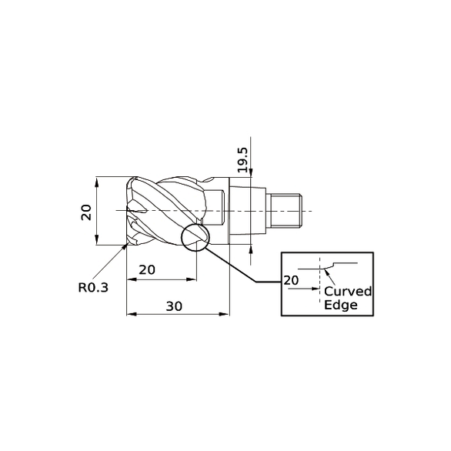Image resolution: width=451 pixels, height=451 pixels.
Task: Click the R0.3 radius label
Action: pos(92,289)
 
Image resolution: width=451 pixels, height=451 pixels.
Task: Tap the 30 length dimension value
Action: pos(174,306)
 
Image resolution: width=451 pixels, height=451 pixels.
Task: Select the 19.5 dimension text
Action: pos(242,159)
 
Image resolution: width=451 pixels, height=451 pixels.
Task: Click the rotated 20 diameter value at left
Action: pos(86,212)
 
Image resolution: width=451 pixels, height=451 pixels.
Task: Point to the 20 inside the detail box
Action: pos(291,281)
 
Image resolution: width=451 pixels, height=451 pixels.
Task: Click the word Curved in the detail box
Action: pos(347,292)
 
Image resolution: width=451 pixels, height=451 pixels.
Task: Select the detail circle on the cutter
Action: pos(195,239)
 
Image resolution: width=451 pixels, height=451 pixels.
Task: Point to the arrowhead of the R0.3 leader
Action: pos(124,249)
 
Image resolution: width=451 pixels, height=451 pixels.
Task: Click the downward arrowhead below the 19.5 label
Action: pos(252,181)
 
